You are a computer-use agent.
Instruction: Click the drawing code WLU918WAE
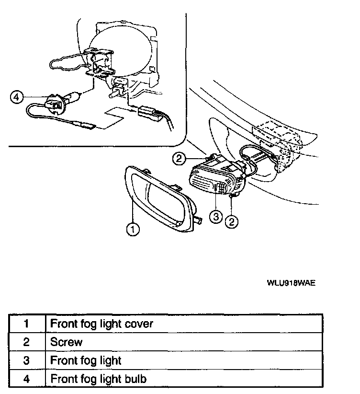(x=291, y=282)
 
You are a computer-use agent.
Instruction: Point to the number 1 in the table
(x=26, y=324)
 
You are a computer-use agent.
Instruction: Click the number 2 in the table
(x=26, y=342)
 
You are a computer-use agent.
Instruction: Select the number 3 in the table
(x=26, y=360)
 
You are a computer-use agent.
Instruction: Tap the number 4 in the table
(x=26, y=379)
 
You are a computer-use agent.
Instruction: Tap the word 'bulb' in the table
(x=135, y=379)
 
